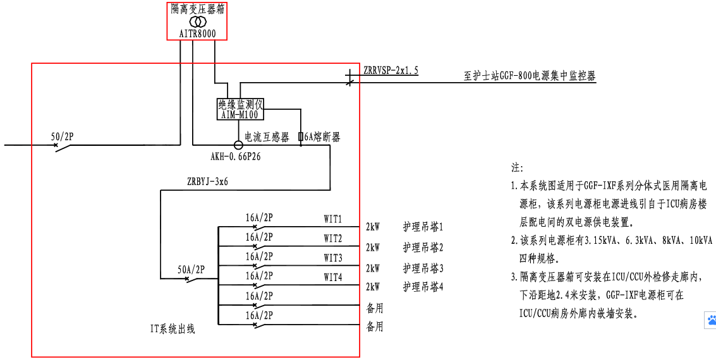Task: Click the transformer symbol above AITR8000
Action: [x=198, y=21]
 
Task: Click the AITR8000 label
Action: [x=198, y=33]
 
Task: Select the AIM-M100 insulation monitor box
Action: [x=240, y=109]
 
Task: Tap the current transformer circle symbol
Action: [x=238, y=145]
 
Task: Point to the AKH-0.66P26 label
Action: [x=236, y=156]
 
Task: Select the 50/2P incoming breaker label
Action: [x=63, y=135]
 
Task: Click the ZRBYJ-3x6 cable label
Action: [x=207, y=181]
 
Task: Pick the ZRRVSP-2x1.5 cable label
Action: [x=391, y=71]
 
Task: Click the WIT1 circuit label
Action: [x=333, y=219]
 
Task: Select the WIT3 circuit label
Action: [x=333, y=258]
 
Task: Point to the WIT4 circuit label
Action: [x=333, y=277]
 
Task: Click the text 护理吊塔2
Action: [x=423, y=247]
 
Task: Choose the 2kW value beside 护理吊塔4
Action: [x=373, y=287]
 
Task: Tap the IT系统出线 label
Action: [x=173, y=328]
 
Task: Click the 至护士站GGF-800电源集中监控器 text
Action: [x=530, y=76]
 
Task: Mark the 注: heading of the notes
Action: [x=517, y=169]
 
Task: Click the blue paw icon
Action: [x=710, y=320]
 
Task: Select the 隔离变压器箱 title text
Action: [x=198, y=9]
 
